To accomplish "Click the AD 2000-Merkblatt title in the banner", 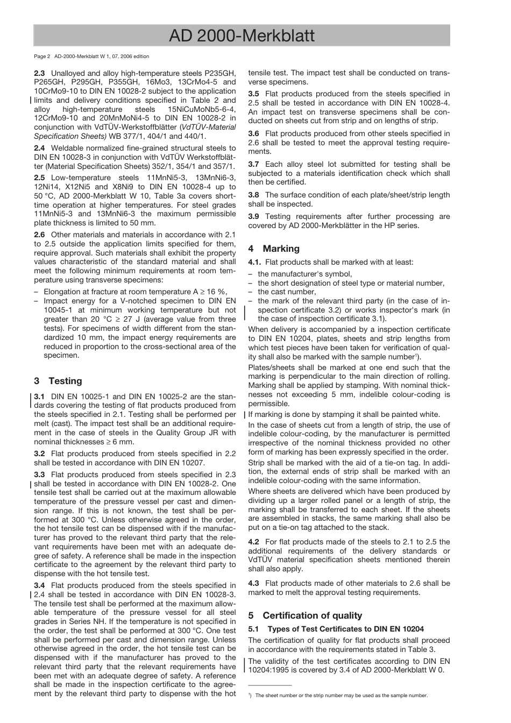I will (242, 36).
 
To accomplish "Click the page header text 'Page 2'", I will (42, 56).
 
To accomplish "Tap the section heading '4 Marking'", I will (274, 249).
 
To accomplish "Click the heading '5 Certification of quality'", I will (305, 615).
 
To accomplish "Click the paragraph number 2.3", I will (39, 73).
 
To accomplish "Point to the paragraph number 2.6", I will (39, 235).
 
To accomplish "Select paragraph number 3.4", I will (39, 586).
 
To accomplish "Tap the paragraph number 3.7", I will (253, 165).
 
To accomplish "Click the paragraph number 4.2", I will (253, 542).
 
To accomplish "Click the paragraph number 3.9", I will (253, 217).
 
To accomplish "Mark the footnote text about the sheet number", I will (341, 696).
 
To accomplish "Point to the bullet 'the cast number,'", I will (287, 292).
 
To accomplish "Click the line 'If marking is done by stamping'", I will (344, 415).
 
